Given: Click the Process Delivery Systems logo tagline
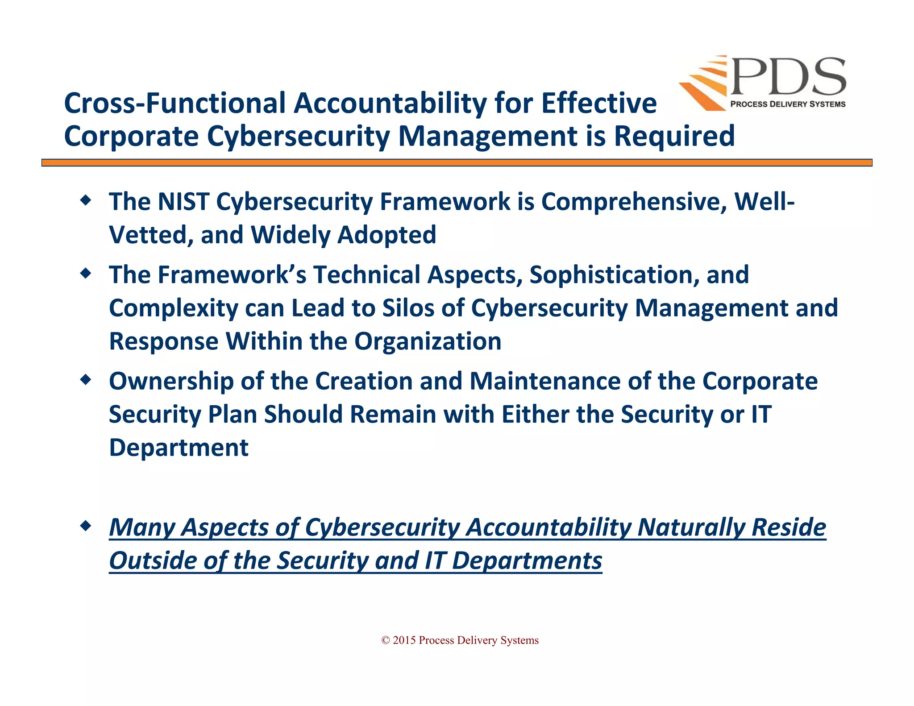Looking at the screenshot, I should [x=788, y=104].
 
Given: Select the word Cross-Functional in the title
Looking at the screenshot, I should [x=174, y=103].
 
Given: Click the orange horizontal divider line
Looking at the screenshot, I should [x=457, y=163].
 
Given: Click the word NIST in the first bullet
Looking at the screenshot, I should [x=183, y=201].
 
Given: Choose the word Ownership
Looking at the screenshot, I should [x=171, y=381].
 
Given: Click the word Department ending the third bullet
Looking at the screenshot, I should [x=179, y=448].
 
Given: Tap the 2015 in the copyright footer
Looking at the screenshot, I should [x=404, y=640].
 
